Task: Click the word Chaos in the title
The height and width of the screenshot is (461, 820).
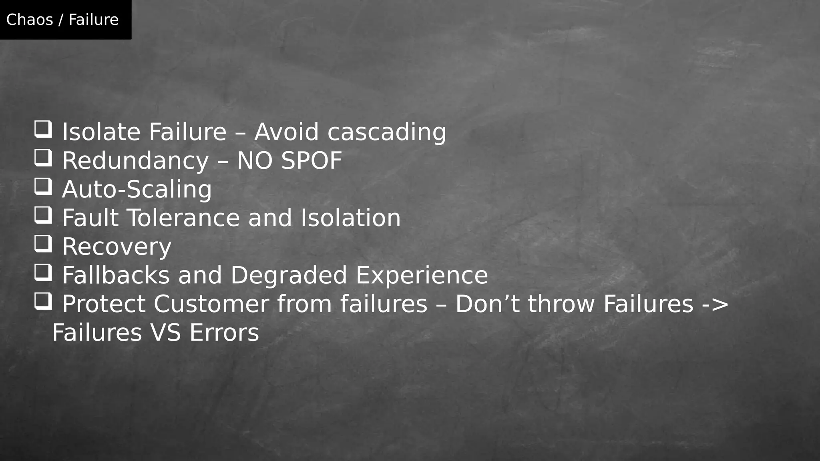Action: click(x=30, y=20)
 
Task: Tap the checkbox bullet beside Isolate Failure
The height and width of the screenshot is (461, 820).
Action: click(x=43, y=129)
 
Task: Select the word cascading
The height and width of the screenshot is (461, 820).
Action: click(x=386, y=132)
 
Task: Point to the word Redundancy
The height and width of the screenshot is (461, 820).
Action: click(x=135, y=161)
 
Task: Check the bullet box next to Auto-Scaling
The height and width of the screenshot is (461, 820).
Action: click(x=43, y=186)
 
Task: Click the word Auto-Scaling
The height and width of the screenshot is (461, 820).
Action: click(x=137, y=189)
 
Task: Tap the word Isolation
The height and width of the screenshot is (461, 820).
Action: click(x=350, y=218)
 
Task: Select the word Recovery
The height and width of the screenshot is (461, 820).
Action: click(x=117, y=247)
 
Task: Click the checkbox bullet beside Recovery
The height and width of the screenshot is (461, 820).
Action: click(x=43, y=244)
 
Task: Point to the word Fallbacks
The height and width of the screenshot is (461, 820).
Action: click(x=116, y=275)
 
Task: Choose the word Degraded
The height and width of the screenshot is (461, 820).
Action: click(x=289, y=275)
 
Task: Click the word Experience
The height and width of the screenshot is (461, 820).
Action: click(x=422, y=275)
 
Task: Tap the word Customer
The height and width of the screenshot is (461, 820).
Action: click(x=211, y=304)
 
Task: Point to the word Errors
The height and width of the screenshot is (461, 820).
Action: click(x=224, y=333)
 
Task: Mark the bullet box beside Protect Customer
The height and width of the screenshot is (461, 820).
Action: click(x=43, y=301)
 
